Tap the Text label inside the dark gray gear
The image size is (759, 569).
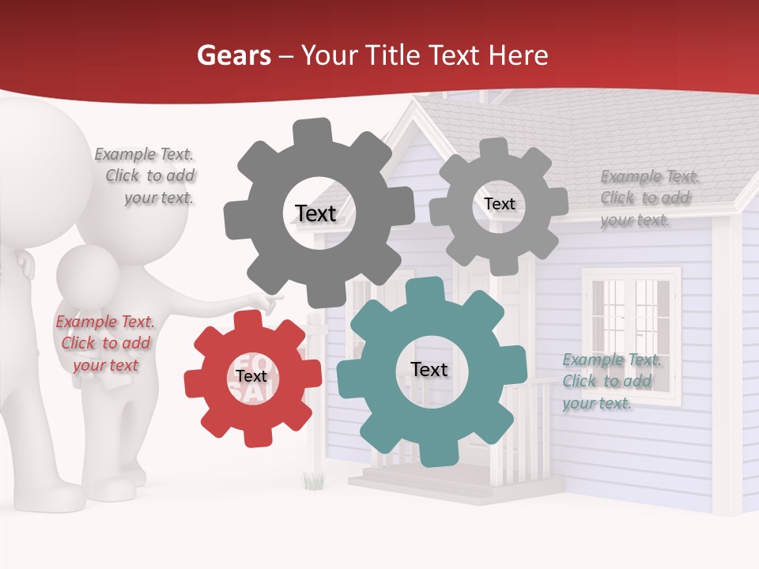pyautogui.click(x=315, y=213)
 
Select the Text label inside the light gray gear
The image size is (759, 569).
pyautogui.click(x=499, y=204)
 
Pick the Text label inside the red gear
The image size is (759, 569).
pyautogui.click(x=251, y=376)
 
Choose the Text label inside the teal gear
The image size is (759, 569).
pyautogui.click(x=429, y=369)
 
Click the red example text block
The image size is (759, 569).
pyautogui.click(x=105, y=343)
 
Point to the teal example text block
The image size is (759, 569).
pyautogui.click(x=611, y=381)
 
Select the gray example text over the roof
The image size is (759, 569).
pyautogui.click(x=648, y=198)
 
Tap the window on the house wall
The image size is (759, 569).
pyautogui.click(x=631, y=333)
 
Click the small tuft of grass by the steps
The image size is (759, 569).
pyautogui.click(x=314, y=479)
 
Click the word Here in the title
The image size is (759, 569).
pyautogui.click(x=519, y=55)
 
